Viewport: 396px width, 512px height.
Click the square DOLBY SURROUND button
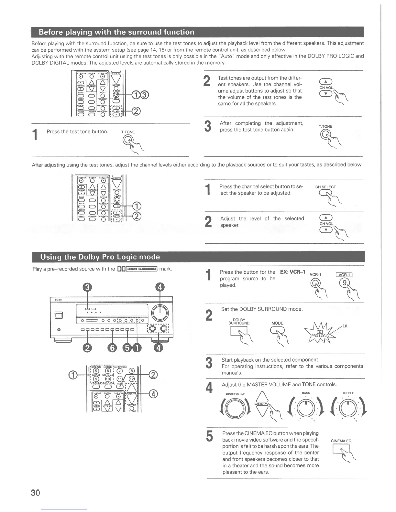(x=238, y=331)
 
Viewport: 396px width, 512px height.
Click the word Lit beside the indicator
(x=345, y=326)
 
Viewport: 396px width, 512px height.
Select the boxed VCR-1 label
(x=344, y=275)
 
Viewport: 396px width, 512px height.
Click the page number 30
(x=35, y=493)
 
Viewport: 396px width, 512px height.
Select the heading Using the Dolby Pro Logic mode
(x=100, y=257)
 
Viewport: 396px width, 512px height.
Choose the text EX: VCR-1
(x=293, y=272)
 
